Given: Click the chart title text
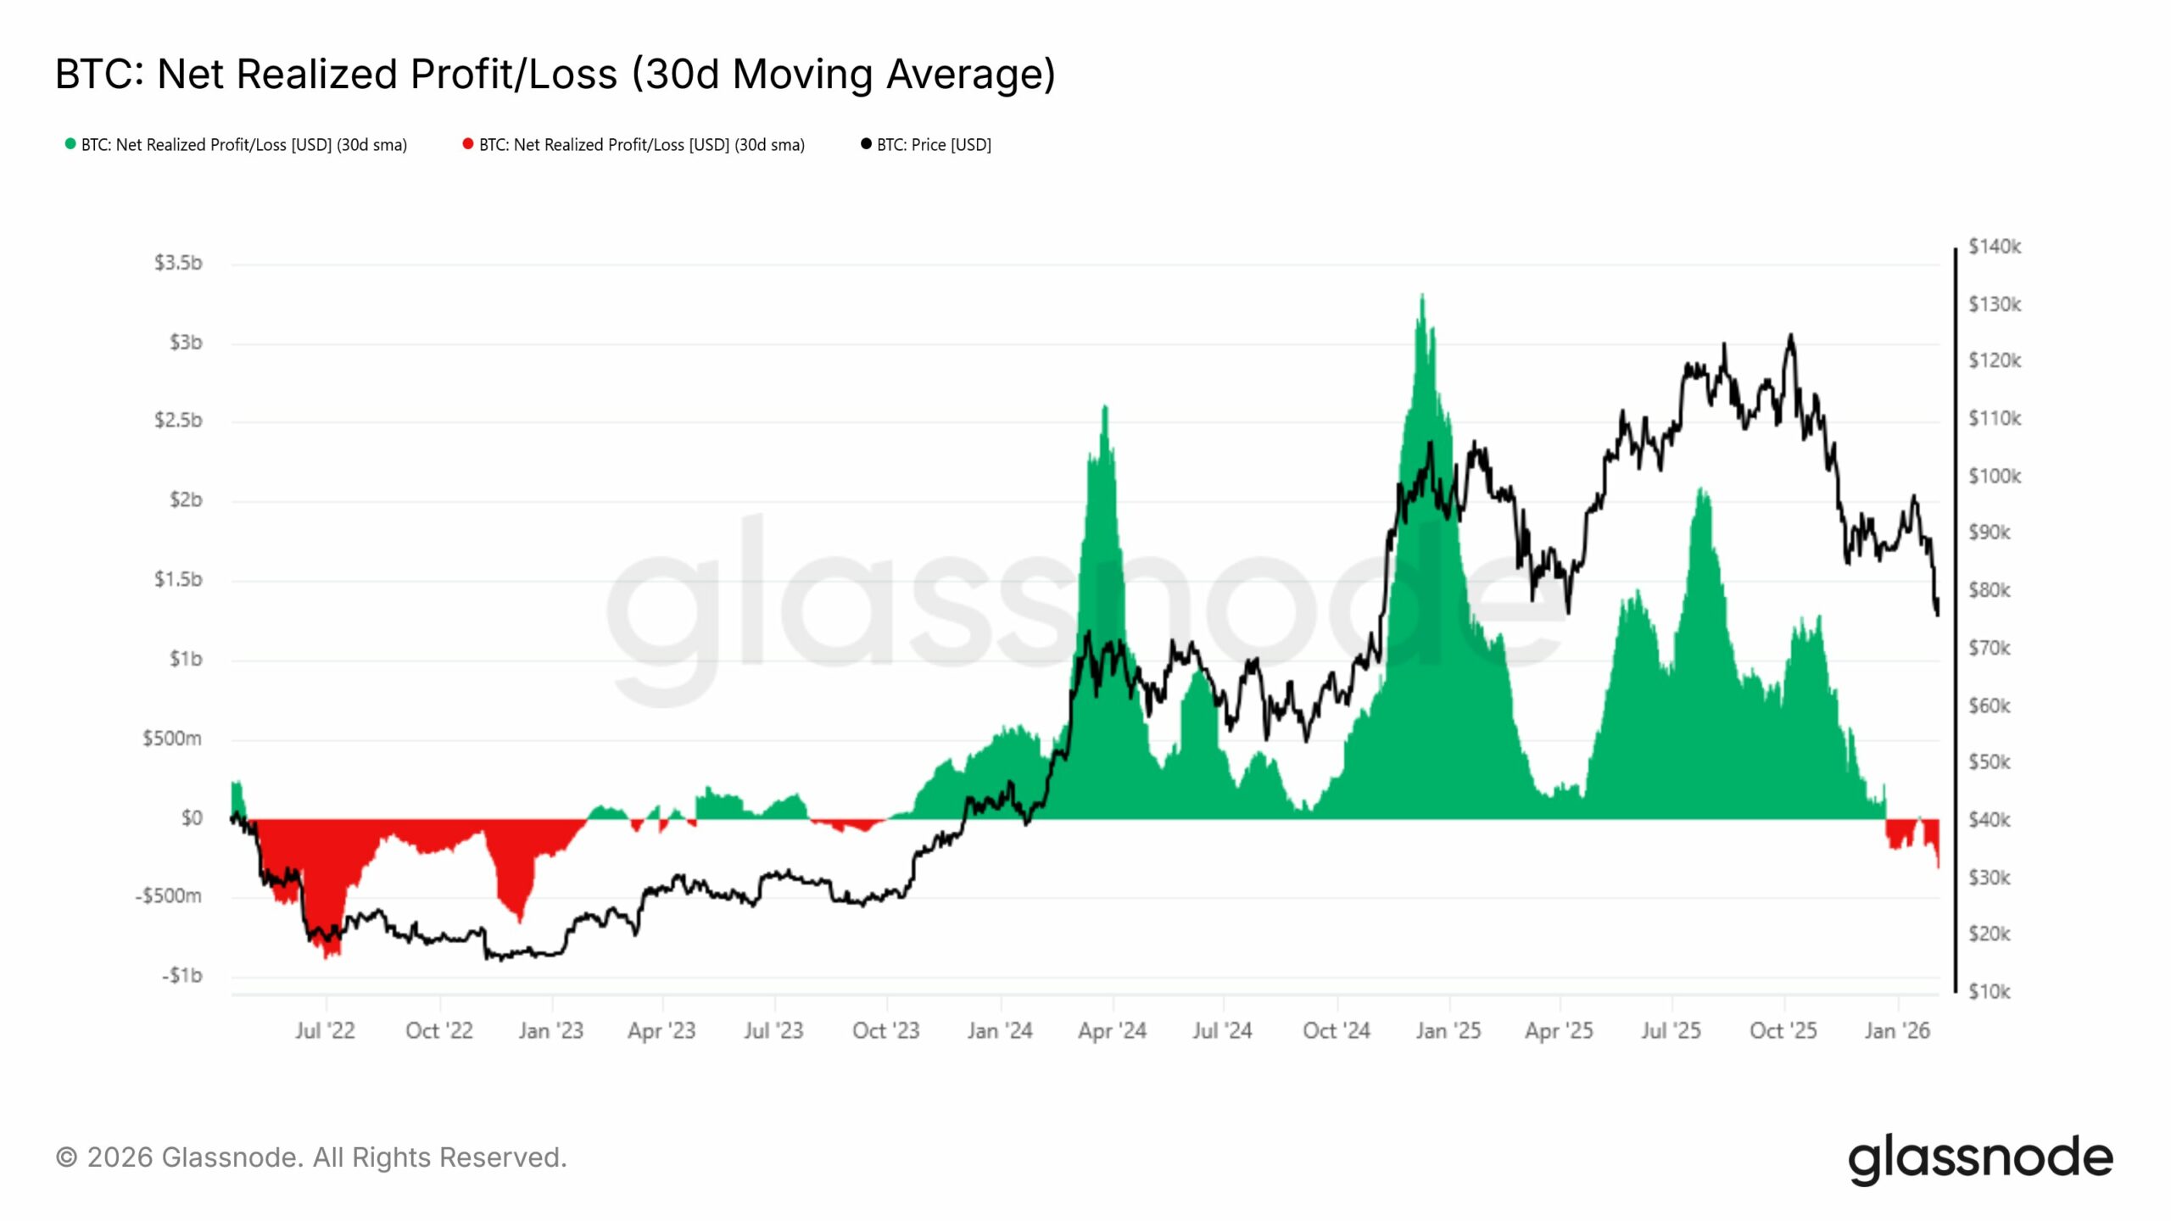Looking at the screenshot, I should pos(555,75).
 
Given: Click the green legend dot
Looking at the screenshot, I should pos(70,144).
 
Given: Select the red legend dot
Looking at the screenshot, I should pos(467,144).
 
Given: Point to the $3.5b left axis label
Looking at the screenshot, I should pos(178,263).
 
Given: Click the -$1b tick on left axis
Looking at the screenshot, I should pos(182,976).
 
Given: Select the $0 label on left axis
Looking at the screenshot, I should pos(192,818).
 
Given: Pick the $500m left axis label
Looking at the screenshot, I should pos(172,739).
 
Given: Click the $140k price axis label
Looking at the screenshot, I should pos(1994,247).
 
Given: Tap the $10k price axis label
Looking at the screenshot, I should pos(1989,991).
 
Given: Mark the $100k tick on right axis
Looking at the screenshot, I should pos(1994,476).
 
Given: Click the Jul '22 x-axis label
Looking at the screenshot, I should pos(325,1031).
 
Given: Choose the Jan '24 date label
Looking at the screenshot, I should pos(1000,1031).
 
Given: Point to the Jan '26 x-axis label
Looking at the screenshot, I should pos(1897,1031).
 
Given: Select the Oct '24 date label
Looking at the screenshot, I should pos(1337,1031).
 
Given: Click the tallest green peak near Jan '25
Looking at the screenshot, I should pos(1422,296).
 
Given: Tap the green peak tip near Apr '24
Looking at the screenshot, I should pos(1105,407).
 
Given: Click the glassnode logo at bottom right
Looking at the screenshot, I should pos(1980,1158).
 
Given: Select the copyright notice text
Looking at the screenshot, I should pos(311,1157).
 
